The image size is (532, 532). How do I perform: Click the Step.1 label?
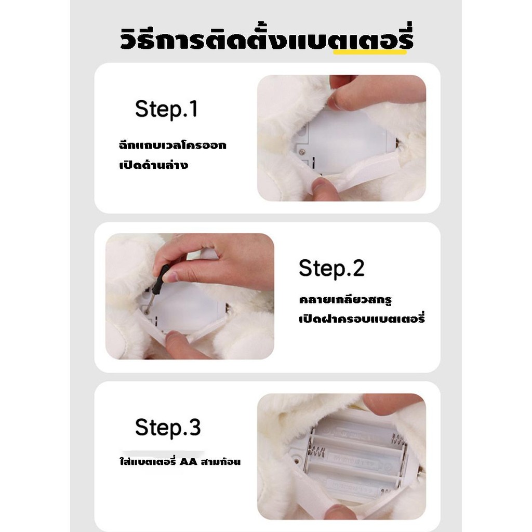(x=166, y=109)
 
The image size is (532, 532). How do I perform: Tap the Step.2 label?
(x=331, y=268)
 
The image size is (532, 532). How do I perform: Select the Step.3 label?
(x=168, y=427)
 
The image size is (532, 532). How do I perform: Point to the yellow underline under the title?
(x=370, y=52)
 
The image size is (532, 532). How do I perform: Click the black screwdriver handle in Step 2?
(x=161, y=280)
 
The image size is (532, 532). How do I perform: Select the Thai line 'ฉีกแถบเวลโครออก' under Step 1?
(x=172, y=145)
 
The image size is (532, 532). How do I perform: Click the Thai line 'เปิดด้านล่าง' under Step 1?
(x=154, y=165)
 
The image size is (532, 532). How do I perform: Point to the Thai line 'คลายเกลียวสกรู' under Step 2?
(x=345, y=300)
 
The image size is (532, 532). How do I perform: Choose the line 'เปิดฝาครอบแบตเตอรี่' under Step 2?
(x=362, y=318)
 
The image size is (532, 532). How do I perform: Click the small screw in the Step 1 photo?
(x=302, y=152)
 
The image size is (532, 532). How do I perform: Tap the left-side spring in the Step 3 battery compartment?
(x=316, y=452)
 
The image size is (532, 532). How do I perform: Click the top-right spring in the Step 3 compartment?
(x=398, y=440)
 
